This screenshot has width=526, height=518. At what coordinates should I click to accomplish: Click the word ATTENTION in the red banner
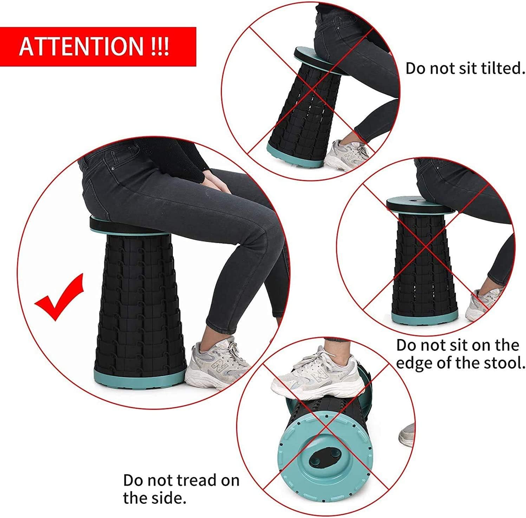coord(81,46)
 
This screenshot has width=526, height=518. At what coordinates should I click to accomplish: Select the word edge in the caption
coord(415,362)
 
